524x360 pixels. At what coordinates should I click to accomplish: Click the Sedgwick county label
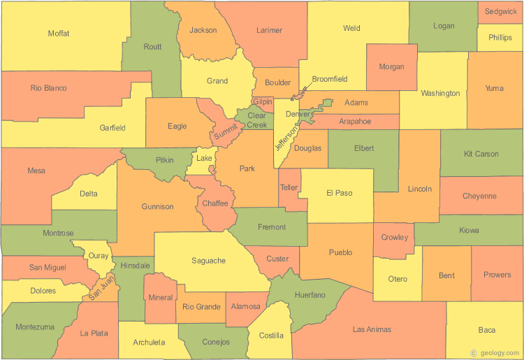pos(501,12)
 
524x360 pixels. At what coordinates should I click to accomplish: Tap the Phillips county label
pos(500,38)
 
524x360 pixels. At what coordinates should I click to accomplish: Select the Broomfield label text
pos(330,79)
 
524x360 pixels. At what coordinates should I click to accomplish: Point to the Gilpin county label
pos(263,102)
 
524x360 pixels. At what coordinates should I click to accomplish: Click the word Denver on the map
pos(298,114)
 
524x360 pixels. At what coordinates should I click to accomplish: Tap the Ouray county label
pos(99,256)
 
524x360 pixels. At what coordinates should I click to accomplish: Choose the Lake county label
pos(204,159)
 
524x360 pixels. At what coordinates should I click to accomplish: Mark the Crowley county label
pos(395,238)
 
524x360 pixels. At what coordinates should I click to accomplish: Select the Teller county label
pos(289,188)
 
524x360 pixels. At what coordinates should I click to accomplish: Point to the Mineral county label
pos(161,298)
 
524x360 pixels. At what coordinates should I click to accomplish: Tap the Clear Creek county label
pos(257,120)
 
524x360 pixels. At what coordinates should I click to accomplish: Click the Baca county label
pos(486,330)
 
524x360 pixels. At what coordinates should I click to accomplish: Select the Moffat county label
pos(59,34)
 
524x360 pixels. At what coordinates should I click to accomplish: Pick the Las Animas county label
pos(372,329)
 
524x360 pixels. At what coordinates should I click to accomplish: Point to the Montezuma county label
pos(34,327)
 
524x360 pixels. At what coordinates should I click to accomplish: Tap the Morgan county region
pos(391,67)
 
